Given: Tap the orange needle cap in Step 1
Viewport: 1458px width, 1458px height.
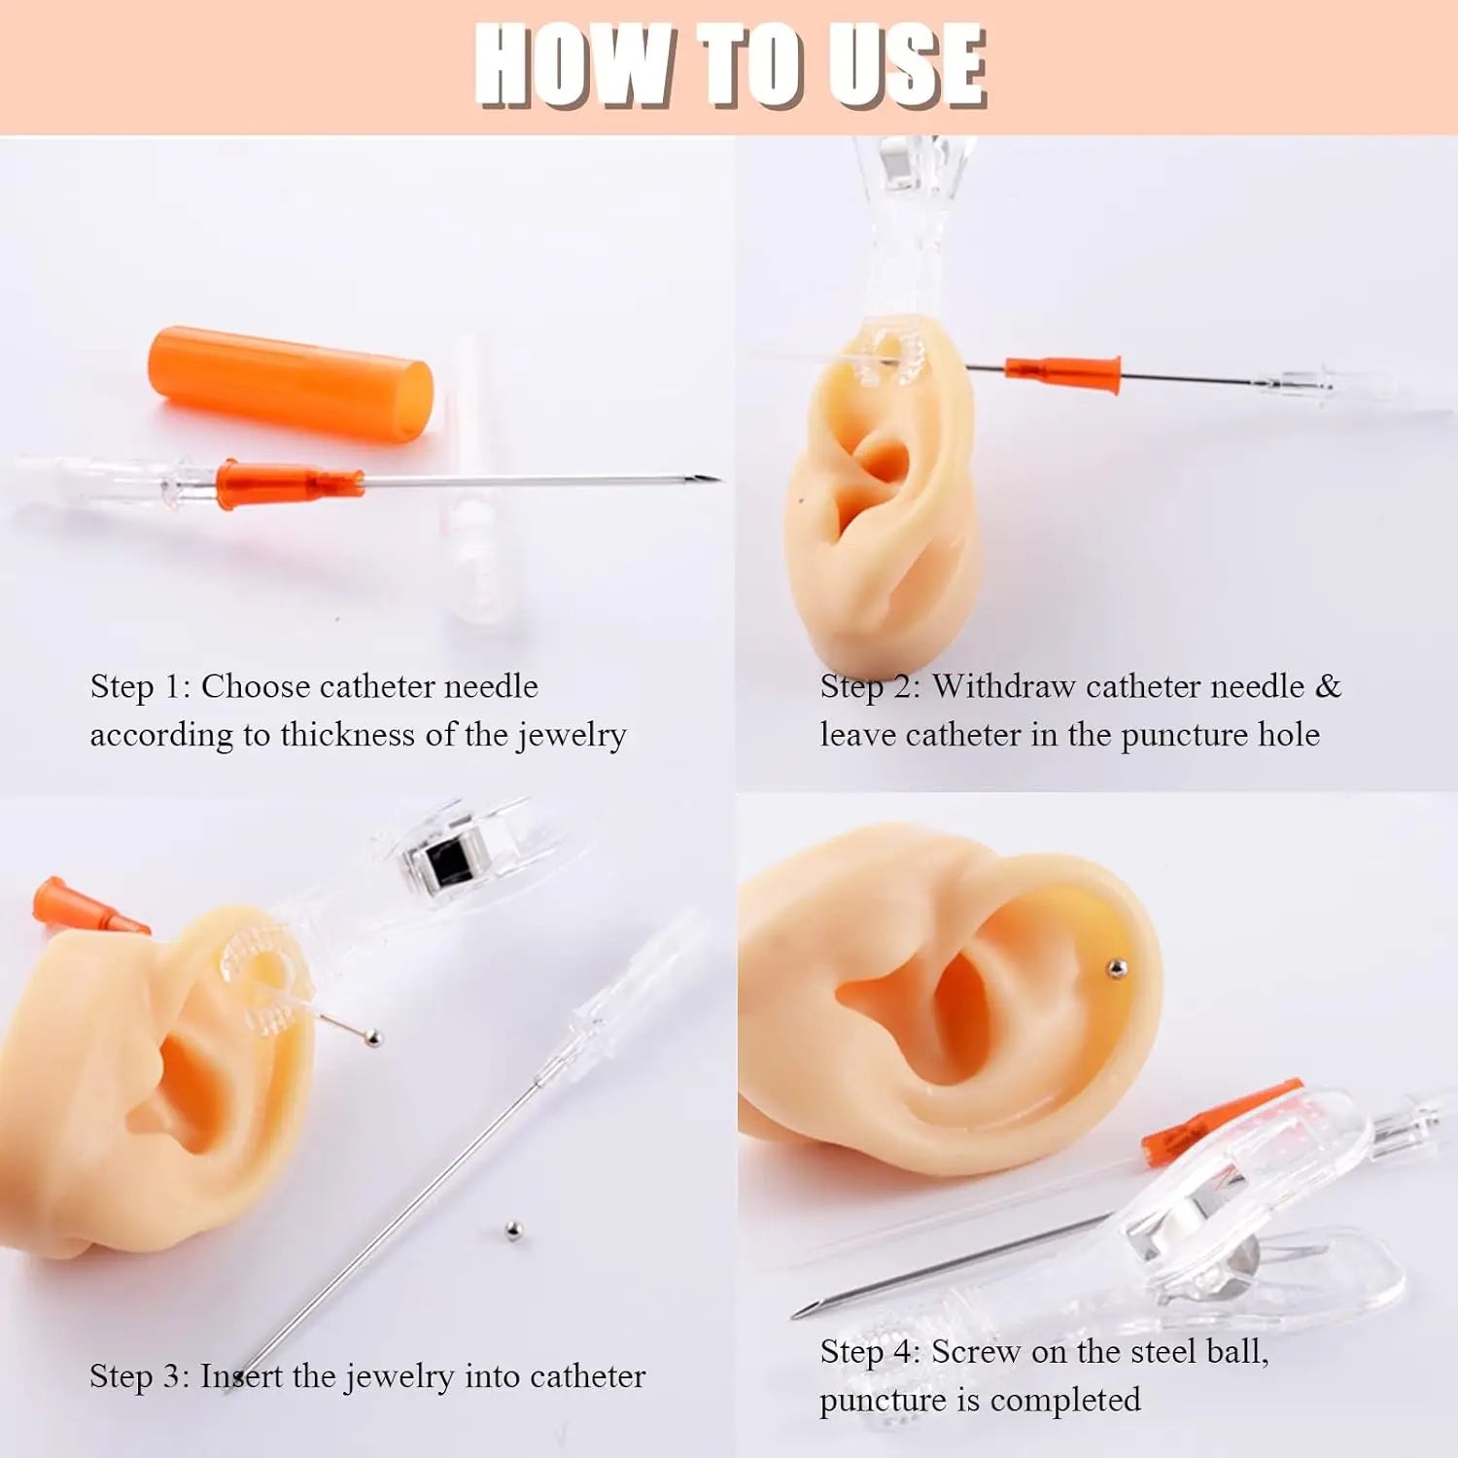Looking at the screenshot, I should [290, 384].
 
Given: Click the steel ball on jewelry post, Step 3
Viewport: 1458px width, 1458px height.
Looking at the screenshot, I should [372, 1039].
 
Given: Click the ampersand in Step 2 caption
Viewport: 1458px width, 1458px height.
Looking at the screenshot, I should [1328, 686].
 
